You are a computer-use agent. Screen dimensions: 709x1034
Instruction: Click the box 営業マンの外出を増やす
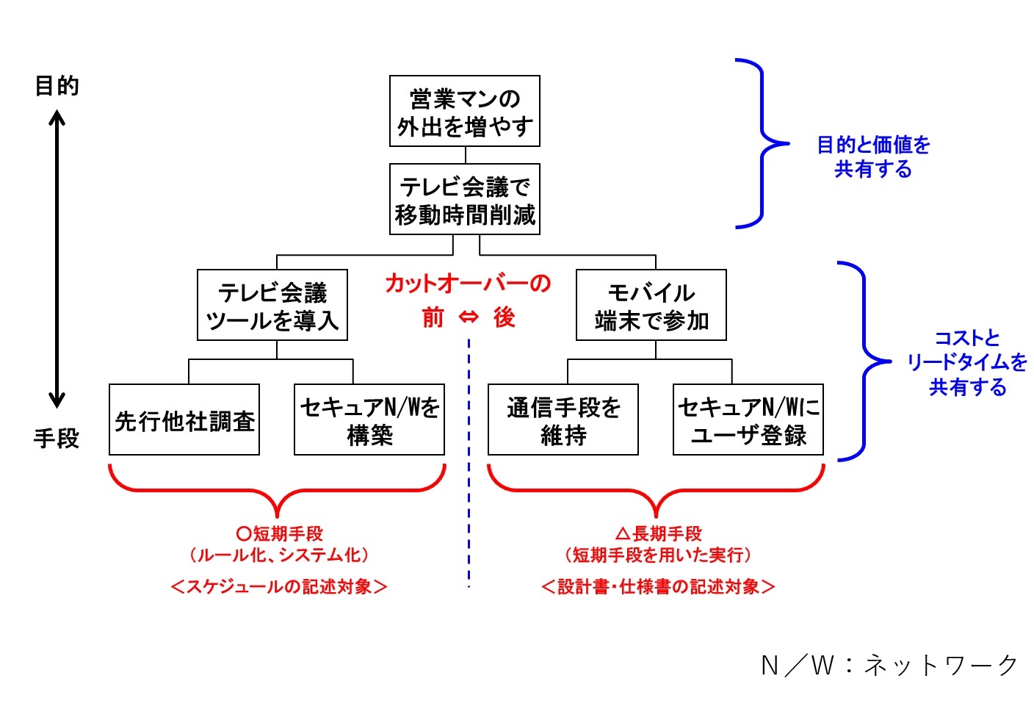click(x=465, y=111)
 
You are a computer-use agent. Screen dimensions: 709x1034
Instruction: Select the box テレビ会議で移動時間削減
click(x=465, y=199)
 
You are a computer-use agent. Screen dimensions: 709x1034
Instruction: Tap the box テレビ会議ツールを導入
click(x=272, y=305)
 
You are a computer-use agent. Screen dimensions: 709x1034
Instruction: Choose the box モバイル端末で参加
click(x=651, y=305)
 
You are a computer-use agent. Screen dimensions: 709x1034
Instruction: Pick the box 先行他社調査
click(x=184, y=420)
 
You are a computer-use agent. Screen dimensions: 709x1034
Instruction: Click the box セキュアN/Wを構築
click(x=369, y=420)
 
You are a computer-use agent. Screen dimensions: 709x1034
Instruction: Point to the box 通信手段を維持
click(x=563, y=420)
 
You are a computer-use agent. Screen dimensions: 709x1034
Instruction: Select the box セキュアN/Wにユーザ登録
click(x=748, y=420)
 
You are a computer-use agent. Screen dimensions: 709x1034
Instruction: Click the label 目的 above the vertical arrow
click(x=57, y=86)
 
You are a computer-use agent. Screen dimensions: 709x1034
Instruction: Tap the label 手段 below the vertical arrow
click(x=57, y=439)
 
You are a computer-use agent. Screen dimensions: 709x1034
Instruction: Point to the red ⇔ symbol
click(x=469, y=317)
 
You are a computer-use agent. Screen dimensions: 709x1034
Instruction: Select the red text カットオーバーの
click(x=468, y=284)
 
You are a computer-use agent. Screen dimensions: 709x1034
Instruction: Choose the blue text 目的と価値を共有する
click(x=873, y=156)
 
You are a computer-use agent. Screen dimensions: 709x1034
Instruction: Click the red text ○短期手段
click(x=279, y=533)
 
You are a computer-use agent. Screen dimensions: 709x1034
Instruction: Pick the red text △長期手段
click(x=658, y=533)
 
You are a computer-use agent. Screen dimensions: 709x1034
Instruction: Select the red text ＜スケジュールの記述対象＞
click(x=279, y=586)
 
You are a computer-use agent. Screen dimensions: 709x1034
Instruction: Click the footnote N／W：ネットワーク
click(x=889, y=665)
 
